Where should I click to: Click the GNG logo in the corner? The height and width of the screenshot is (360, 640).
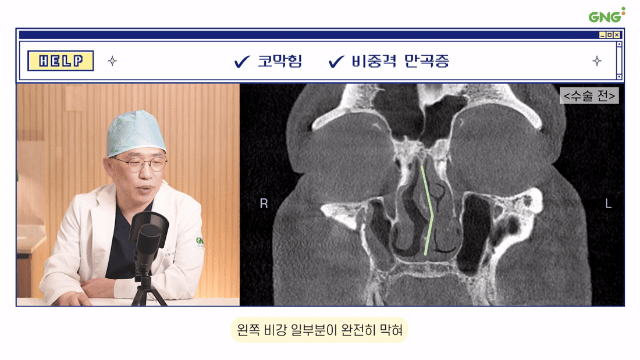point(606,15)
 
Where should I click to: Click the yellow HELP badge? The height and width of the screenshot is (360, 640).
point(61,61)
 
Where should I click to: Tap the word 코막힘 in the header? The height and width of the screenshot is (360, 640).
point(280,61)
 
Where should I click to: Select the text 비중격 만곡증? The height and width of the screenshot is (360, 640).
point(400,61)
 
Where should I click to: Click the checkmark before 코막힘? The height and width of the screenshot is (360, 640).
point(241,62)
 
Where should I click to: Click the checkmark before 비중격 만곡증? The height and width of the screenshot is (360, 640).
point(336,62)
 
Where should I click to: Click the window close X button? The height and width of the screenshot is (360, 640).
point(617,35)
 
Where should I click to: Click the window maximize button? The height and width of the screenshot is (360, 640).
point(609,35)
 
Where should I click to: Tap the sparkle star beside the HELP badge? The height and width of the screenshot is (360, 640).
point(112,61)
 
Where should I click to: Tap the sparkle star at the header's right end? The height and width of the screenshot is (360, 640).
point(597,61)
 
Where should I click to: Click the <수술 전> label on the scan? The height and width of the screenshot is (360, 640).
point(589,95)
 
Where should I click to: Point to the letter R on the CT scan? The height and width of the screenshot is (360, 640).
point(264,204)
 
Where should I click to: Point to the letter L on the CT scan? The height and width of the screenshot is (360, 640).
point(608,204)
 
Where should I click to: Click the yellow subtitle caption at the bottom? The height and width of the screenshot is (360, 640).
point(319,330)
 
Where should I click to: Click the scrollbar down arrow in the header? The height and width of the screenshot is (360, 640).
point(619,77)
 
